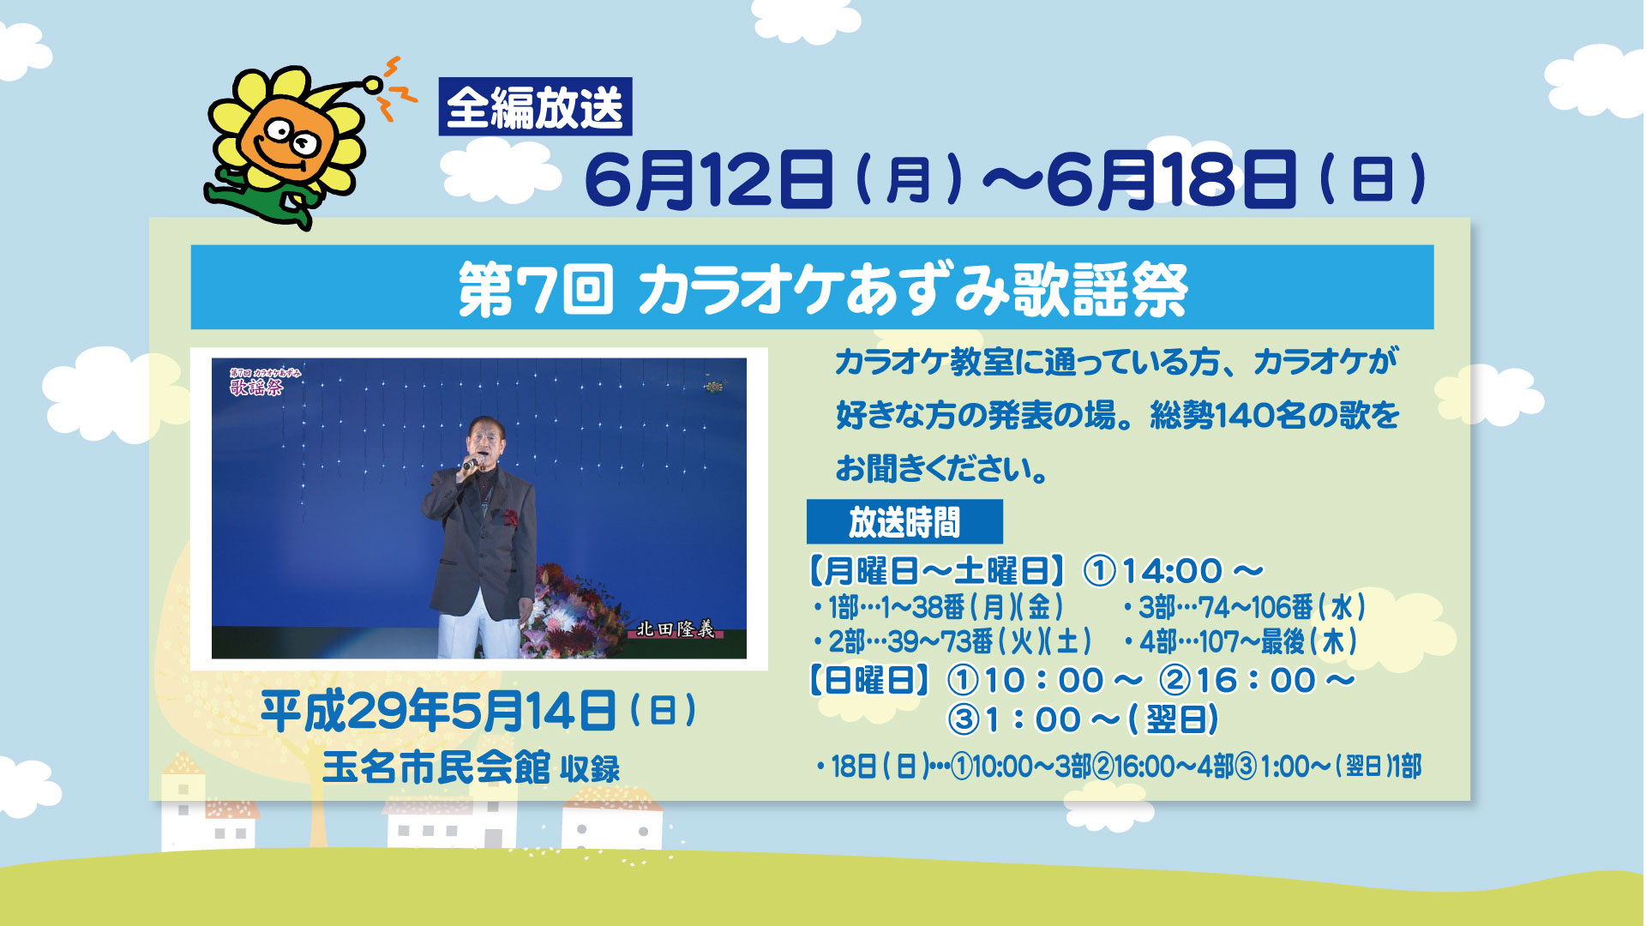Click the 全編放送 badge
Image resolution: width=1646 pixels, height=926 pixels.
tap(535, 106)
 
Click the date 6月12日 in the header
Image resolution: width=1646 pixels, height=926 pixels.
tap(708, 179)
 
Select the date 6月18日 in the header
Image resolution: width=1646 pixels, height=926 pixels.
tap(1171, 179)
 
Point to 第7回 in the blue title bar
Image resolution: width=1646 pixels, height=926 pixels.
tap(536, 289)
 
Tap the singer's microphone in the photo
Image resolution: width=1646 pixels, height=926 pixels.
tap(471, 464)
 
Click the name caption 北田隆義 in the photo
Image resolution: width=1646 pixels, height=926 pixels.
tap(675, 629)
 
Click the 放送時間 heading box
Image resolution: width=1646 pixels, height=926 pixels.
tap(904, 521)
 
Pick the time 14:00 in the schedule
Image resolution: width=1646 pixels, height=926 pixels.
tap(1171, 571)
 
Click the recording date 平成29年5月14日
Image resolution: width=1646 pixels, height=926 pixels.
tap(438, 711)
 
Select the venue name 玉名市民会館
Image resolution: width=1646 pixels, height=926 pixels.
tap(436, 767)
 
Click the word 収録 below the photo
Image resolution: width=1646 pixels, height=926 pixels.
tap(590, 769)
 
